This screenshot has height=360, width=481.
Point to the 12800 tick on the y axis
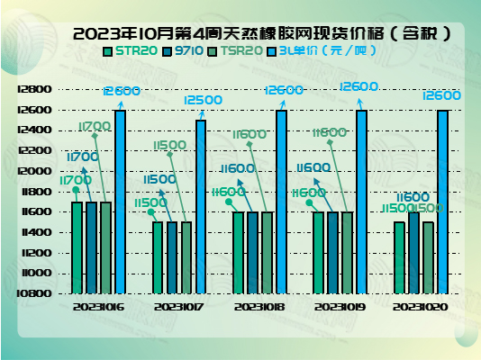(x=33, y=90)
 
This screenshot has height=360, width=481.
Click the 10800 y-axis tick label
(x=33, y=292)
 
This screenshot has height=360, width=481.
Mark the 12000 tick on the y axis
(x=33, y=171)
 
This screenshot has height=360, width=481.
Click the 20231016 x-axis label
(x=99, y=307)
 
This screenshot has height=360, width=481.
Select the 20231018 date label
(x=259, y=307)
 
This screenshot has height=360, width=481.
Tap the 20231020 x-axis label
(x=420, y=307)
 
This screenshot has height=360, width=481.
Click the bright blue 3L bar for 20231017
(x=201, y=206)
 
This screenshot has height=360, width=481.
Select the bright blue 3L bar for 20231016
(x=121, y=201)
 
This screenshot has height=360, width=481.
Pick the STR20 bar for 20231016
(x=77, y=247)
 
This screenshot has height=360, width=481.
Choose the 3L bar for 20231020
(x=442, y=201)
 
